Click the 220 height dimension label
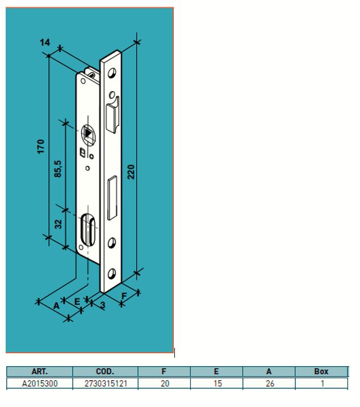(132, 171)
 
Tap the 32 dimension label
(58, 225)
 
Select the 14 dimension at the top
(45, 43)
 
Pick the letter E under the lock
(77, 301)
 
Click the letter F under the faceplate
(124, 296)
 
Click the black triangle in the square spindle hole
(88, 134)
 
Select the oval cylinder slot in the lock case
(88, 228)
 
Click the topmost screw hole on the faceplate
(111, 73)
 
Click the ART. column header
(40, 372)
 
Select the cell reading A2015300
(40, 384)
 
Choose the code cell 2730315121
(105, 384)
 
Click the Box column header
(321, 372)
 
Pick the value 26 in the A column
(269, 384)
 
